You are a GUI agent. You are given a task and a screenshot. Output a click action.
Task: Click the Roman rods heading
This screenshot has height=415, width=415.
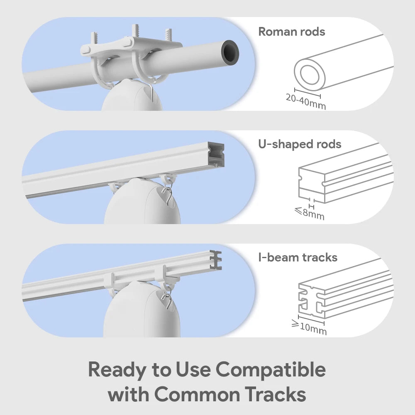coord(291,32)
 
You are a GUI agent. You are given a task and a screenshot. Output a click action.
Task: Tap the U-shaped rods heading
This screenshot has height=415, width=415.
coord(299,144)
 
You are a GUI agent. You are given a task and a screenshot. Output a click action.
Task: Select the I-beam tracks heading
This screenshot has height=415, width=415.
coord(298,257)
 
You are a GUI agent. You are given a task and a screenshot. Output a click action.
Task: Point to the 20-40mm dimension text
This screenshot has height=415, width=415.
coord(306,102)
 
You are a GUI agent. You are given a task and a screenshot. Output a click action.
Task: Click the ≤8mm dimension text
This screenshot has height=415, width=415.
coord(309,214)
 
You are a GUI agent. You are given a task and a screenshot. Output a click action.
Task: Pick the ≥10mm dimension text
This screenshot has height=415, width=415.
coord(309,327)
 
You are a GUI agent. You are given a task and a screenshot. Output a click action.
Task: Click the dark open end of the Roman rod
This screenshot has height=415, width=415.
coord(230,51)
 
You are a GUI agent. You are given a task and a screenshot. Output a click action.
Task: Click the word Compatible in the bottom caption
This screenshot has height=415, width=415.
coord(271,369)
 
